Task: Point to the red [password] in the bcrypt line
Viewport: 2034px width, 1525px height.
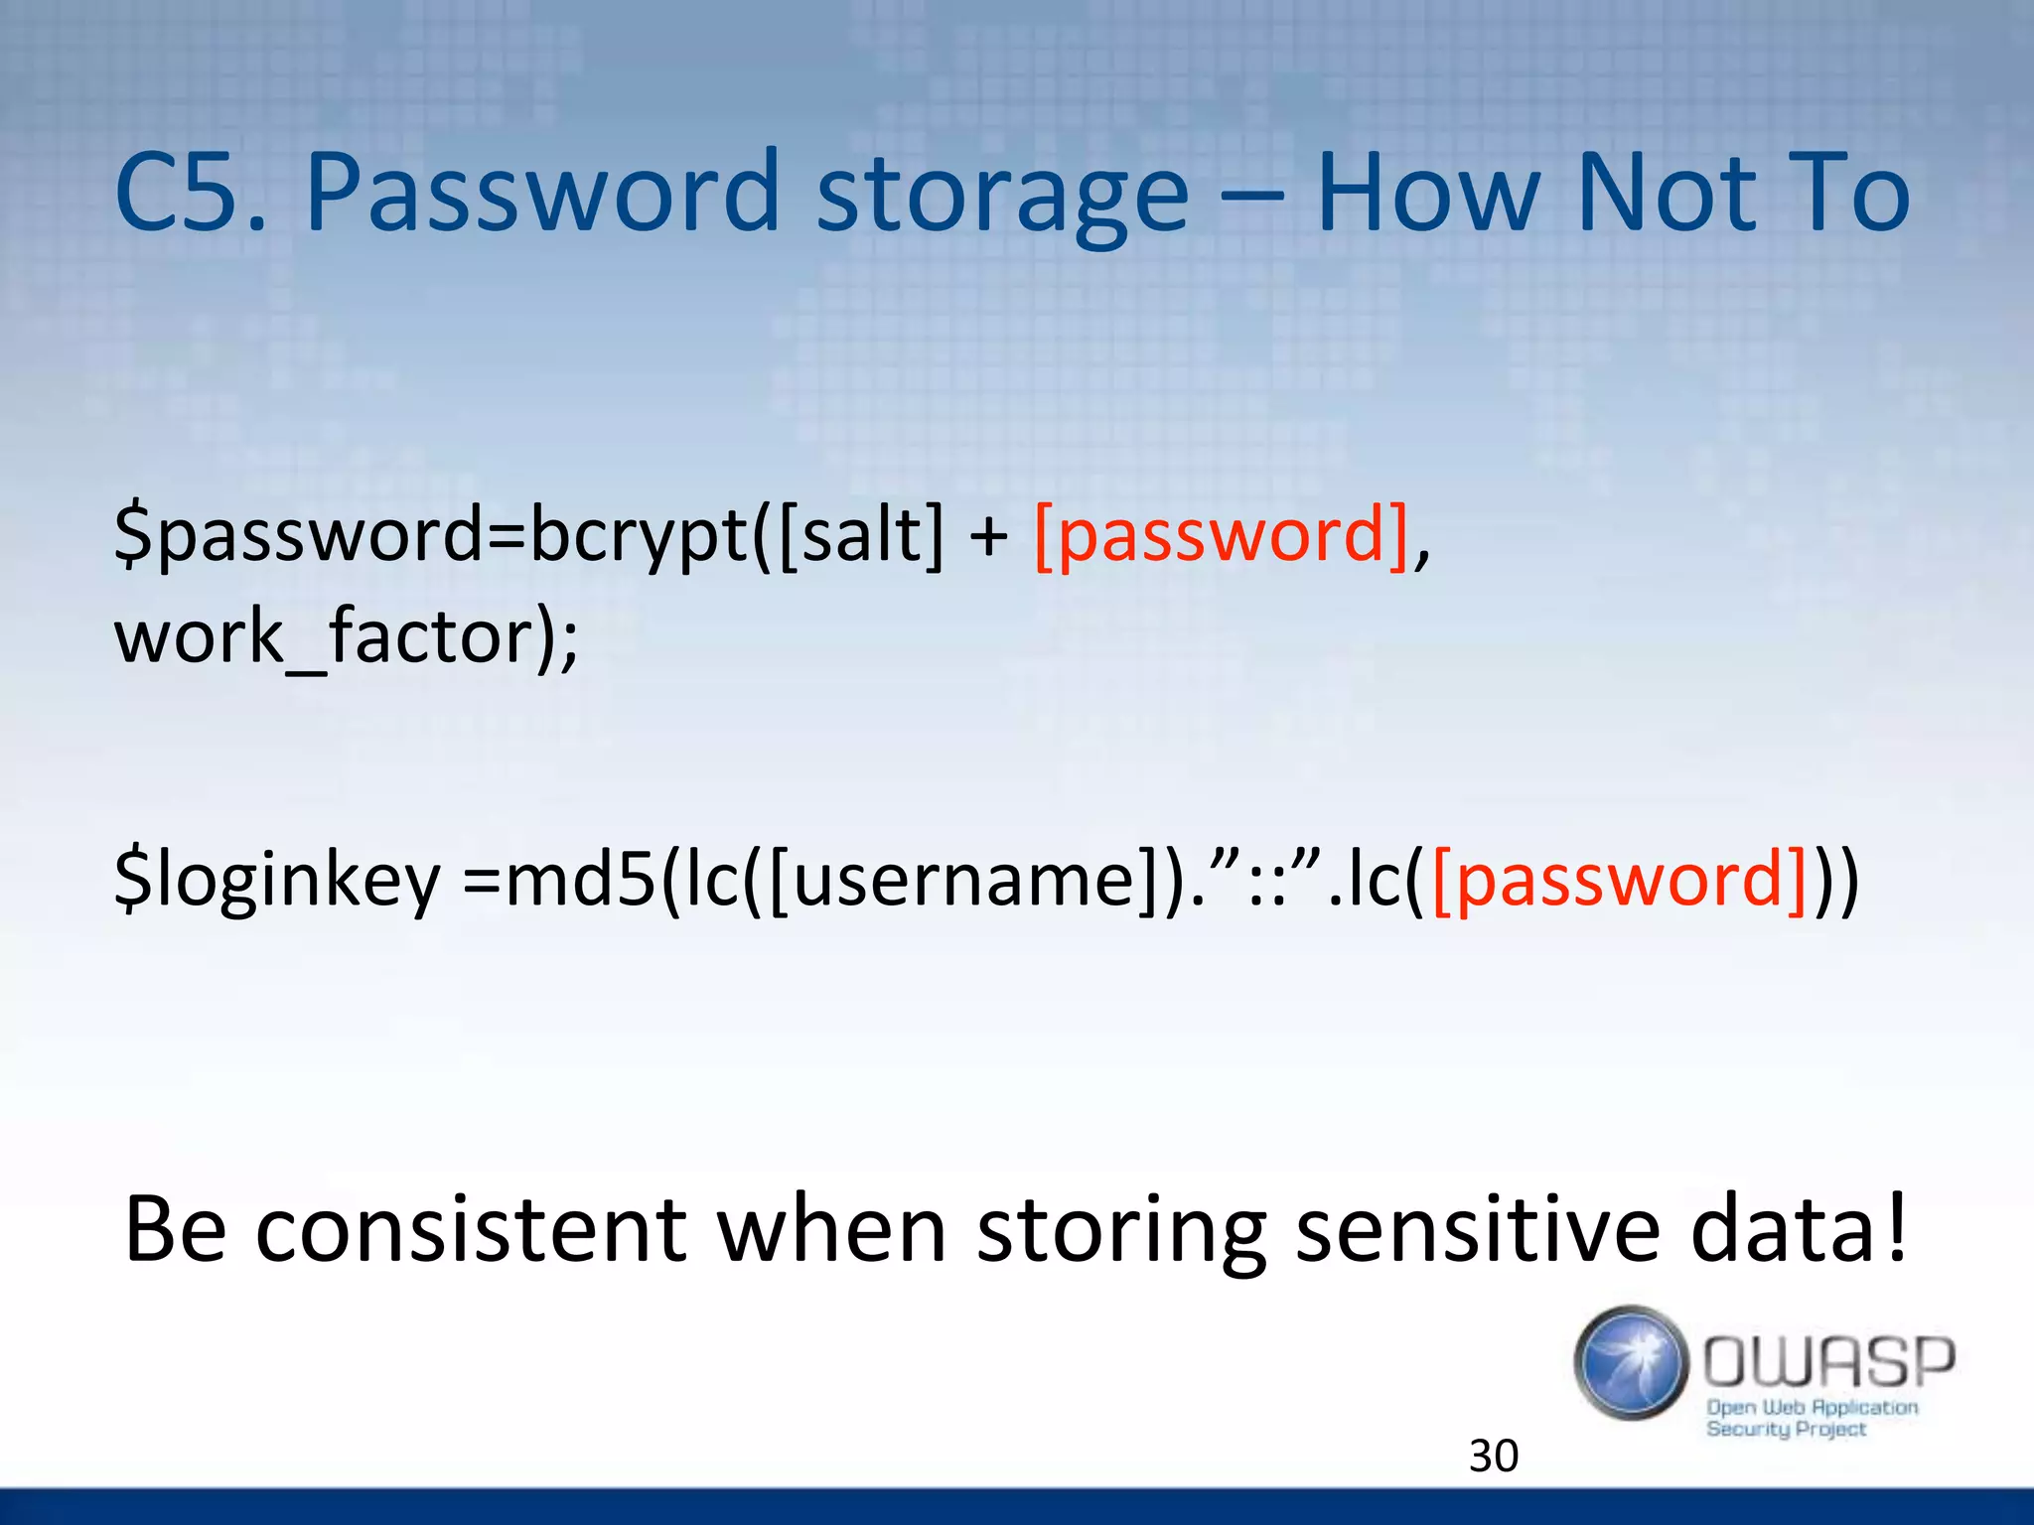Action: pos(1222,536)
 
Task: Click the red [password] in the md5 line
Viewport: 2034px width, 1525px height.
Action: pos(1619,880)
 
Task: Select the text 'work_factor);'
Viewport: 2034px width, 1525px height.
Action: pos(346,637)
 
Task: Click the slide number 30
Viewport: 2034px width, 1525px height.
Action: pos(1493,1456)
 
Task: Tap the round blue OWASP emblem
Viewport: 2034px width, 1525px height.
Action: pos(1631,1362)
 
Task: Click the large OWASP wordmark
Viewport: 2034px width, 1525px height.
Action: pos(1828,1361)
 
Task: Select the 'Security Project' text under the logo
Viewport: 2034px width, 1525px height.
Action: pos(1785,1430)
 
